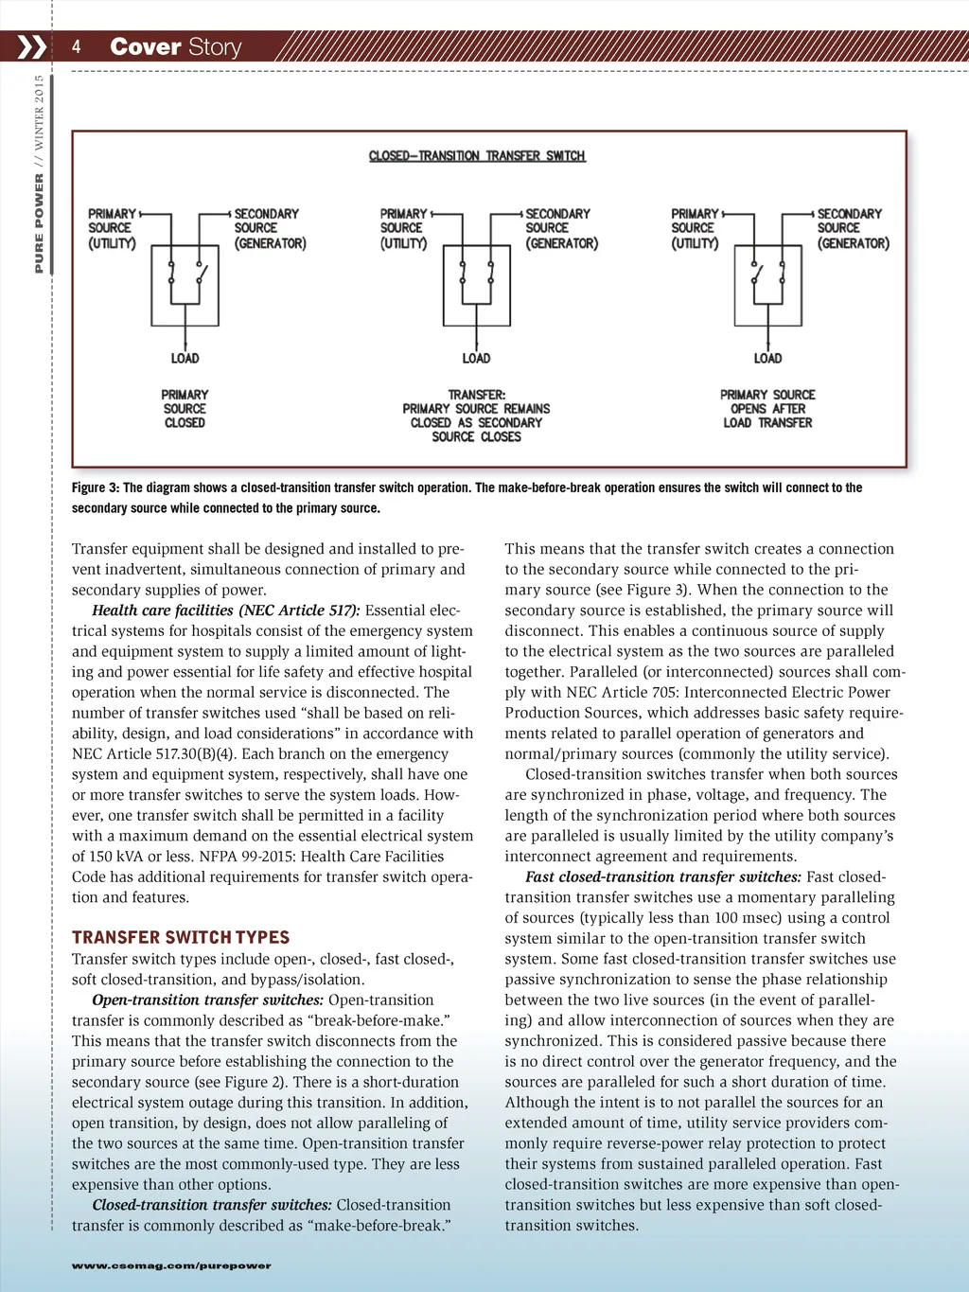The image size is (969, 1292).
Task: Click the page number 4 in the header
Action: click(76, 46)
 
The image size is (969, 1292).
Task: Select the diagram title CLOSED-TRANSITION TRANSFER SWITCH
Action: click(477, 155)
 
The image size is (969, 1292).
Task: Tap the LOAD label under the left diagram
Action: click(185, 358)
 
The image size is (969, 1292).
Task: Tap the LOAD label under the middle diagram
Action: click(476, 358)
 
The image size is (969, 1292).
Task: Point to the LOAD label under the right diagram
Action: click(767, 358)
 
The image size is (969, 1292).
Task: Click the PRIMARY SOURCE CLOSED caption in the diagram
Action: click(185, 409)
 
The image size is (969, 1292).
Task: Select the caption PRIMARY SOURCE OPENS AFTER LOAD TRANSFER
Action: click(767, 409)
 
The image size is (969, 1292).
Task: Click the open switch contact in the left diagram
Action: click(202, 274)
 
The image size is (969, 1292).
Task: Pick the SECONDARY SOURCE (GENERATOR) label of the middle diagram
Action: click(561, 228)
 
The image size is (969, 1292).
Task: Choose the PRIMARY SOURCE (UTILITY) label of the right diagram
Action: click(695, 228)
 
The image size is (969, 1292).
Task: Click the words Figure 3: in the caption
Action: click(96, 487)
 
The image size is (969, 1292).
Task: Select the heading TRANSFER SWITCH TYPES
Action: click(181, 937)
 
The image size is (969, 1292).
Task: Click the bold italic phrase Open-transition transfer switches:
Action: click(208, 1000)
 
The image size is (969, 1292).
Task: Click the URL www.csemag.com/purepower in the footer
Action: click(171, 1265)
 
